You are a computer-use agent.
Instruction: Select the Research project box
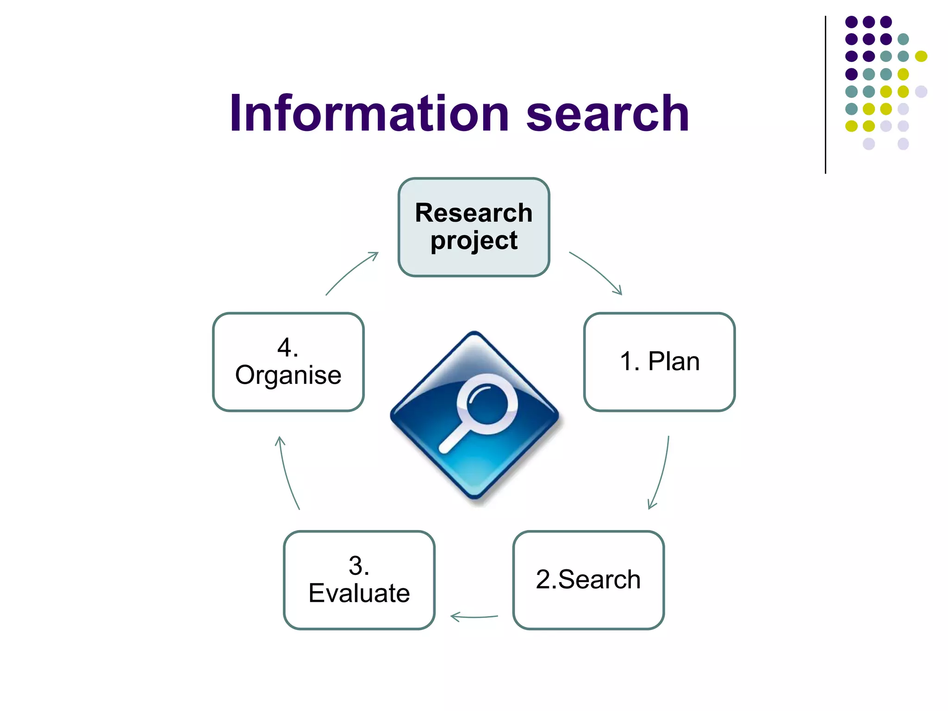[474, 227]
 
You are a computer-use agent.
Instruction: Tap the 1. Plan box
[659, 362]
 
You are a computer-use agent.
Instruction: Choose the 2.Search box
[588, 580]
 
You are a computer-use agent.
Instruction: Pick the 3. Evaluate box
[359, 580]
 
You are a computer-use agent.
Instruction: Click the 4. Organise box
[288, 362]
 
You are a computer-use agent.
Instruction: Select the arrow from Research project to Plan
[597, 272]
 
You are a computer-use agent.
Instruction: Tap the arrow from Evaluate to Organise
[287, 472]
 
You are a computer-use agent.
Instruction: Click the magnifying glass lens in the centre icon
[487, 403]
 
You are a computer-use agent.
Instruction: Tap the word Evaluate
[359, 593]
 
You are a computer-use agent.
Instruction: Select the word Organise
[288, 375]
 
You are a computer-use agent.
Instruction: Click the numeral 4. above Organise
[287, 347]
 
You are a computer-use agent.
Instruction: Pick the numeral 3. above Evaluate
[359, 566]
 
